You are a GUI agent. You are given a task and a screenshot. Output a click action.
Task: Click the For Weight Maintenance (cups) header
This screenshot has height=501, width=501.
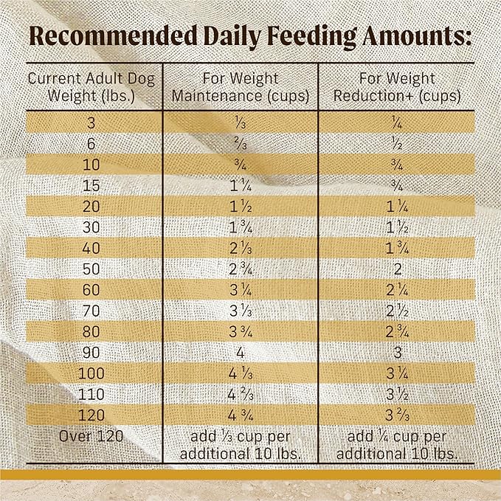point(240,86)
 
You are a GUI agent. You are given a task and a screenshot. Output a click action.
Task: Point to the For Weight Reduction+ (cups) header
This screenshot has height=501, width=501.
point(398,86)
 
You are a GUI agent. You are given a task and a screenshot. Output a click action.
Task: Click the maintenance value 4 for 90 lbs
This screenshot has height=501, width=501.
point(240,351)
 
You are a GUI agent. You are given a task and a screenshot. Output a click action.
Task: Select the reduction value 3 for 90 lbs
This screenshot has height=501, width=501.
point(398,351)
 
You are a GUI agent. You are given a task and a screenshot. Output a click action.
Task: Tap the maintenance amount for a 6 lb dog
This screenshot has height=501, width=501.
point(240,143)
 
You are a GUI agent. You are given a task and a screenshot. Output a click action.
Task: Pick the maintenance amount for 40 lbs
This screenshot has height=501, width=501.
point(240,246)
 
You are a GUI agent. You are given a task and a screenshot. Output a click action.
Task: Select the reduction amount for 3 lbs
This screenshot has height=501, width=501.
point(398,122)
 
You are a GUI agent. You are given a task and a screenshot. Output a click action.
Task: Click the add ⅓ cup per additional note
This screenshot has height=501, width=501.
point(240,443)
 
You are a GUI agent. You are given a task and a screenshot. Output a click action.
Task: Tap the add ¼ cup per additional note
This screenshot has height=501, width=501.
point(398,443)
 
